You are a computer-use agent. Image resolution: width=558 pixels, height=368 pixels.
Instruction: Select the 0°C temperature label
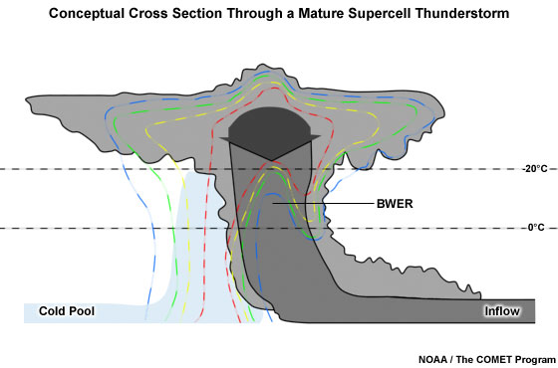coord(533,229)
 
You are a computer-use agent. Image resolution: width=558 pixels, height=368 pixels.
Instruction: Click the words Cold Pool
coord(67,311)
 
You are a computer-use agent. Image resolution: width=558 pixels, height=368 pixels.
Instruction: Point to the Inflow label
coord(501,311)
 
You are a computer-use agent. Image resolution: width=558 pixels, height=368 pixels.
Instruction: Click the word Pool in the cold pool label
coord(82,311)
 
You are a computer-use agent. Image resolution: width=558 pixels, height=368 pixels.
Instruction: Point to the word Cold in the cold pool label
coord(52,311)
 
